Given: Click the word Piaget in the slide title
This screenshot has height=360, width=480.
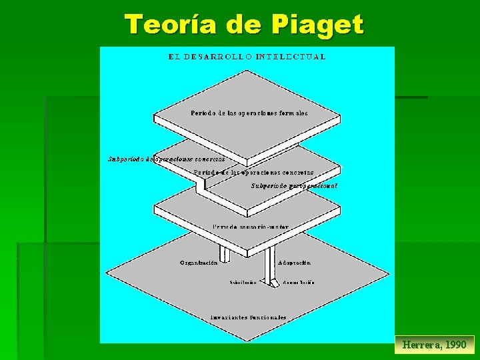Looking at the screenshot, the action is tap(317, 25).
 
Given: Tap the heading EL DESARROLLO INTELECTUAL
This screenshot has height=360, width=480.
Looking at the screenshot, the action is tap(247, 57).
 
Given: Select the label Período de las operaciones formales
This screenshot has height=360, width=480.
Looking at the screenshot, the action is tap(249, 113).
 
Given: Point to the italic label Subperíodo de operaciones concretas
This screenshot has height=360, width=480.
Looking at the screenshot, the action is tap(166, 159).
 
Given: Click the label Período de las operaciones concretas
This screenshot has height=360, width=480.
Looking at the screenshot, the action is tap(253, 172).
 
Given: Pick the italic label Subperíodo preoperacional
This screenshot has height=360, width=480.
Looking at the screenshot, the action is tap(294, 185).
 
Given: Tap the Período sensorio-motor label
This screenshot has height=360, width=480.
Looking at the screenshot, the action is tap(251, 227).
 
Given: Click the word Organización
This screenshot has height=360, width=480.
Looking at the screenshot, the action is tap(199, 263).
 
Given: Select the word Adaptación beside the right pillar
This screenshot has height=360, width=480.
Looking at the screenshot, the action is tap(295, 263).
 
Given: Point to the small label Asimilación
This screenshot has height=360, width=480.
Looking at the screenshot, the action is tap(243, 283).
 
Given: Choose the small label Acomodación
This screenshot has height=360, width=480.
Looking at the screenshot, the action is tap(298, 283).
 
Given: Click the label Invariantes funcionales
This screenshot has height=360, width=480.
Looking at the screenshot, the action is tap(248, 317).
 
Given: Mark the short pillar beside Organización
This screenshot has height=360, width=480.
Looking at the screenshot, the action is tap(225, 254).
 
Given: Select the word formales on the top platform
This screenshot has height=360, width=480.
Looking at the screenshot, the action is tap(293, 113).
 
